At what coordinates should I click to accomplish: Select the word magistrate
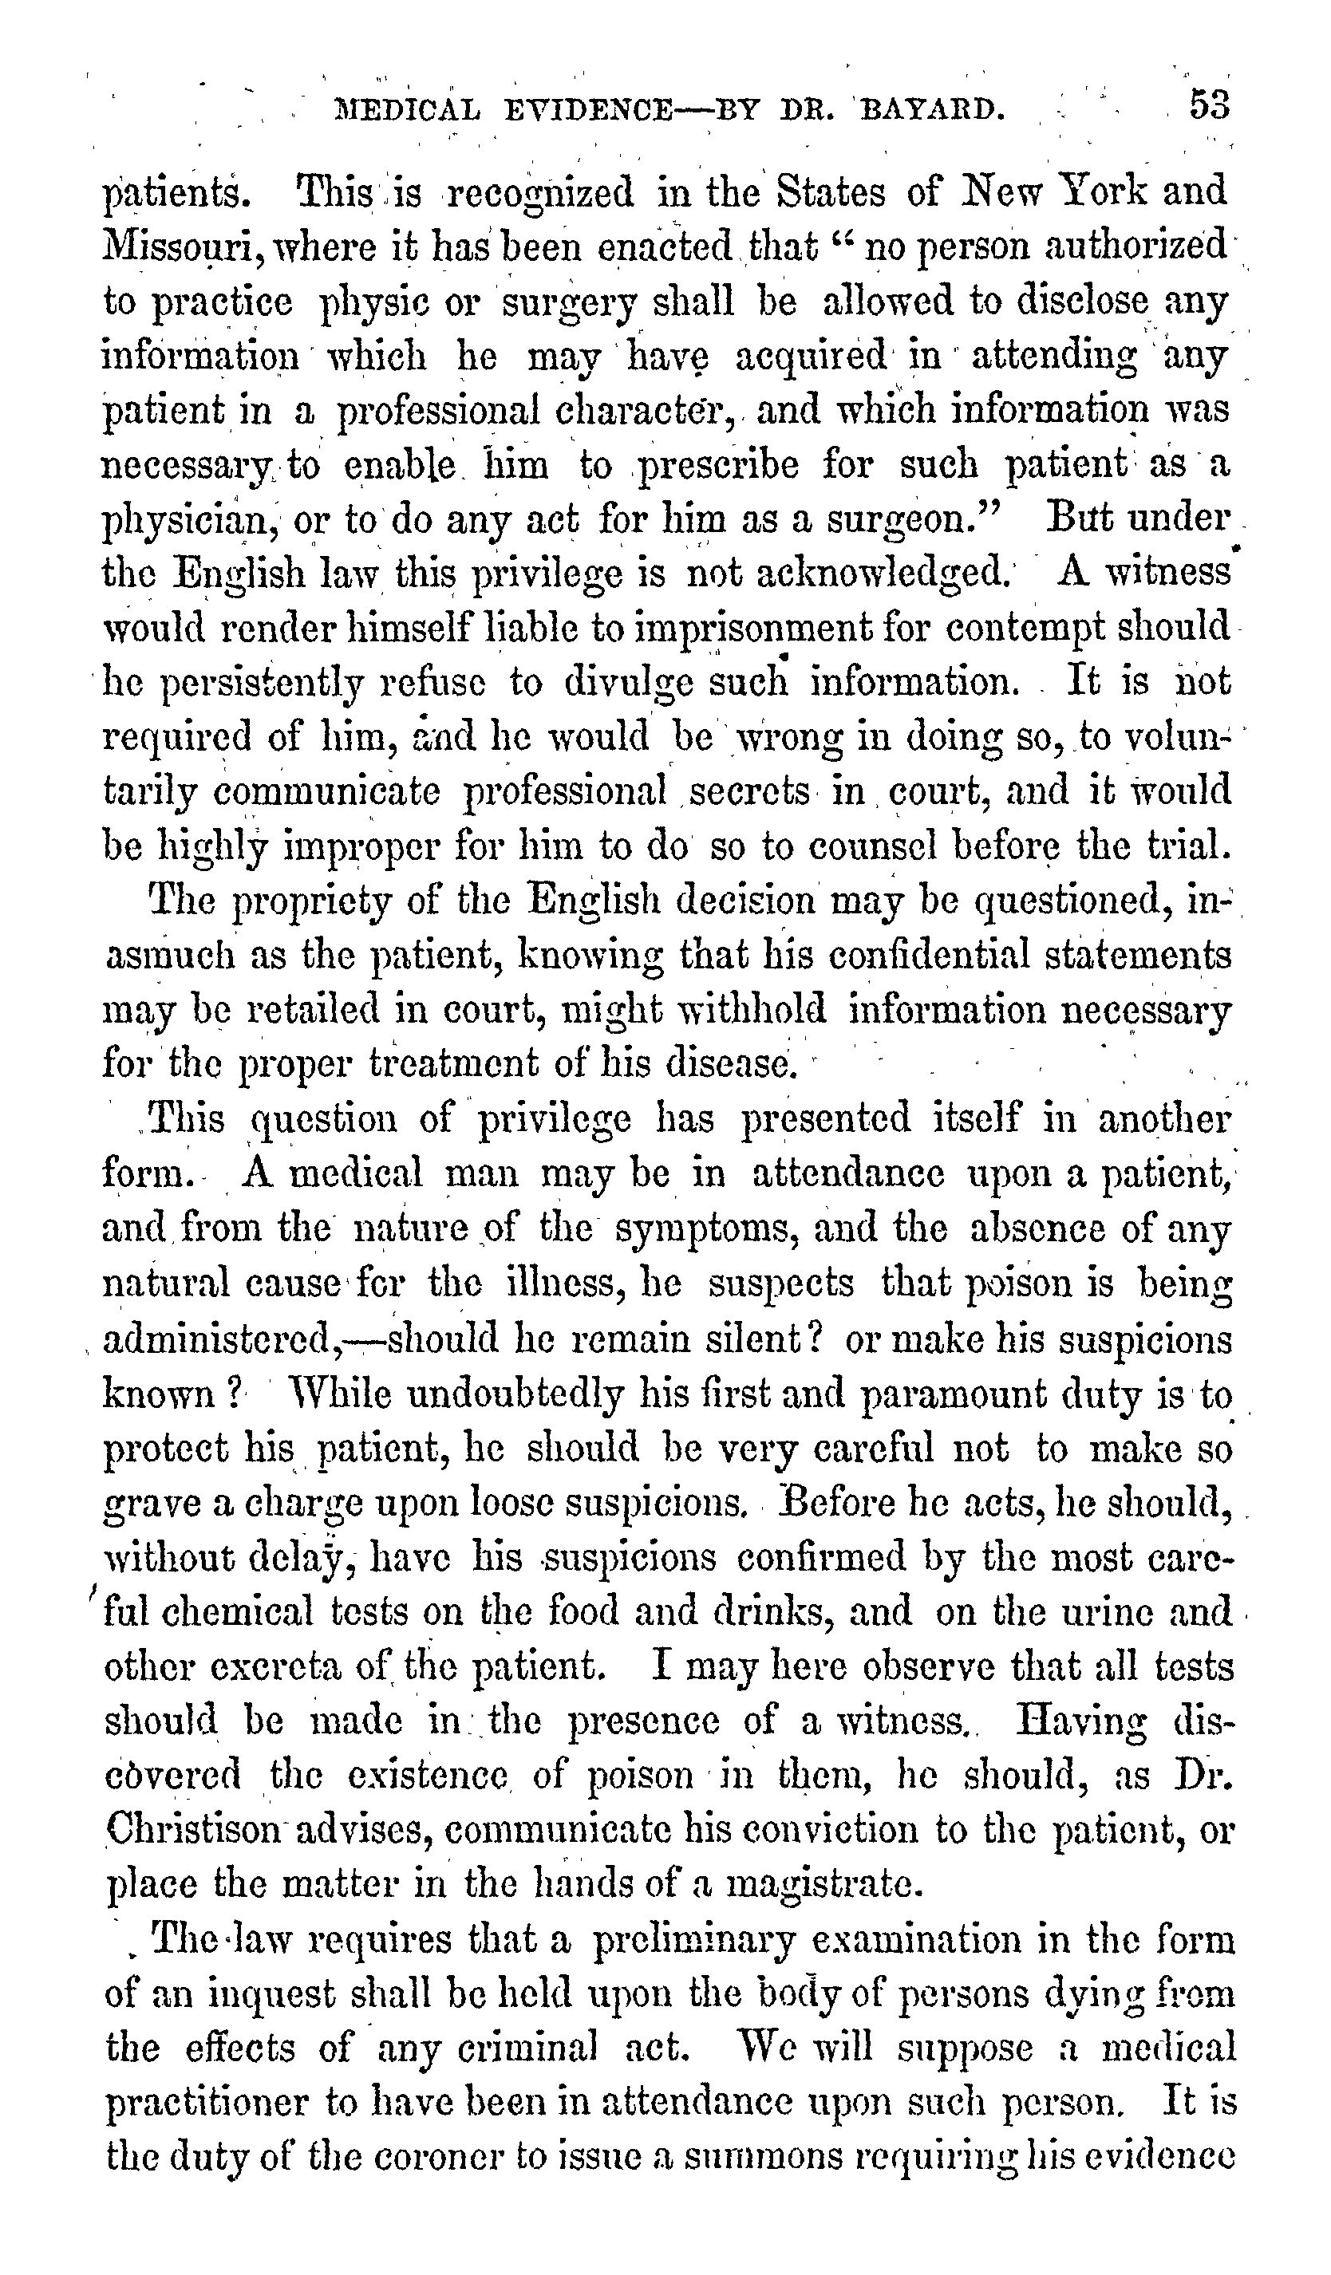(x=823, y=1885)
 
